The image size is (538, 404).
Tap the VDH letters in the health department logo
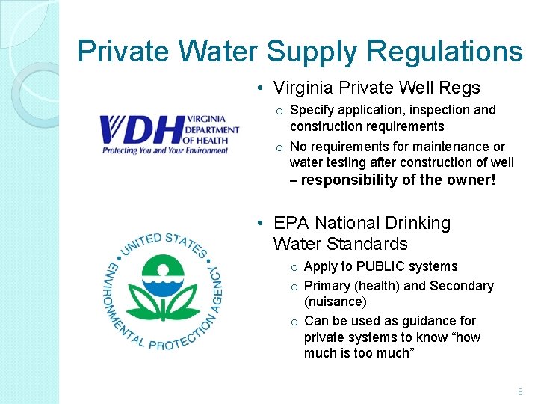141,129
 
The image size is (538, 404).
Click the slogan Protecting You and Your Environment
165,150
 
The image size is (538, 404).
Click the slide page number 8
520,392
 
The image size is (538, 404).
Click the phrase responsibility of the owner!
398,180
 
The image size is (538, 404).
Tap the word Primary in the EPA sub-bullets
329,286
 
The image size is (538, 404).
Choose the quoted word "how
462,337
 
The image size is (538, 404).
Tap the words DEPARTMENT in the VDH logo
214,129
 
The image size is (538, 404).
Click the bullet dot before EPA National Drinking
258,224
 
